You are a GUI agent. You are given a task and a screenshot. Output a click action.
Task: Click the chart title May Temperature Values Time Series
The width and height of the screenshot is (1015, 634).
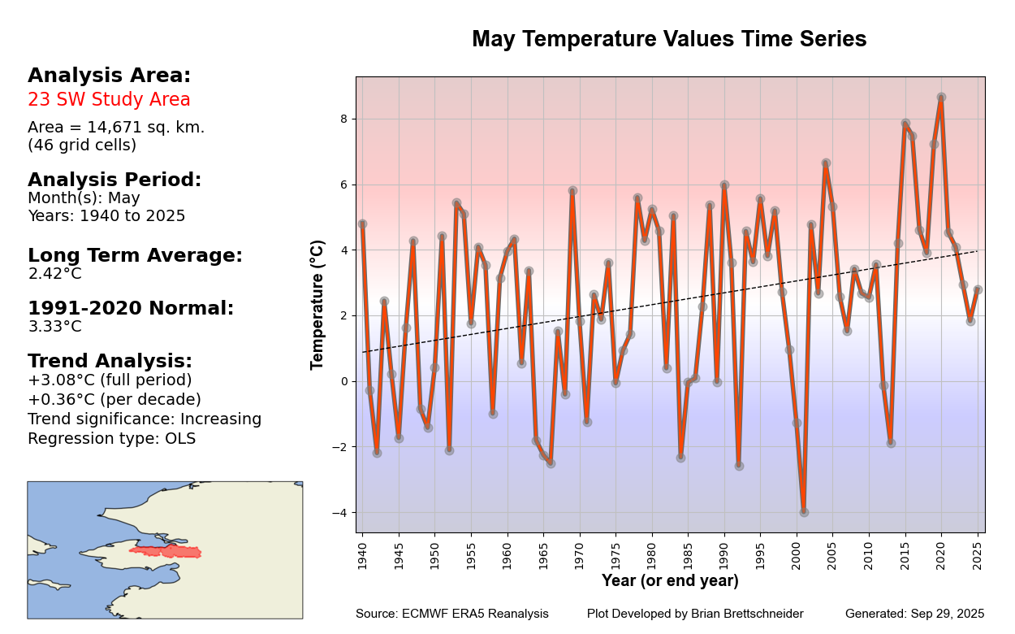click(669, 38)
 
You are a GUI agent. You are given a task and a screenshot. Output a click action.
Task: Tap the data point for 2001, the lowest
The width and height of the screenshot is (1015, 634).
click(804, 512)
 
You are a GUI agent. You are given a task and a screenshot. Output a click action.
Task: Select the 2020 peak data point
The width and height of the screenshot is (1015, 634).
click(941, 98)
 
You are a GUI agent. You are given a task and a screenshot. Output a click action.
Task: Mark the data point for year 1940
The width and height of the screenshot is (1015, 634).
click(362, 224)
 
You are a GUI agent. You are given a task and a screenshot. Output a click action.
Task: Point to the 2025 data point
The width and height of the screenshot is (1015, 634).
click(978, 290)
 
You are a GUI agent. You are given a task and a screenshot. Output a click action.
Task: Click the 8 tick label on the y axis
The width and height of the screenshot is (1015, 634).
click(344, 119)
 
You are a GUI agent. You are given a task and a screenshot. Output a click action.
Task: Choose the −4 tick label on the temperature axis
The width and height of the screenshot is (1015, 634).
click(340, 512)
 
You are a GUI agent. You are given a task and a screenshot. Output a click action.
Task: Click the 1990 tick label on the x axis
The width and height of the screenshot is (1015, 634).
click(724, 556)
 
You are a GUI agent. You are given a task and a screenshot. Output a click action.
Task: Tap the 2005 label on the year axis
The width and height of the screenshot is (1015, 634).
click(832, 556)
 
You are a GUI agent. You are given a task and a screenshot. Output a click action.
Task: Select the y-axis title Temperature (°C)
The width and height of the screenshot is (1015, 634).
click(317, 305)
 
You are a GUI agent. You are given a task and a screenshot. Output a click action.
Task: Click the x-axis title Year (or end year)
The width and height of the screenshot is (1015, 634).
click(670, 580)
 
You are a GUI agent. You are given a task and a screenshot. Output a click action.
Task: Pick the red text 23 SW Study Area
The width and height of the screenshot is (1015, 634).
click(109, 99)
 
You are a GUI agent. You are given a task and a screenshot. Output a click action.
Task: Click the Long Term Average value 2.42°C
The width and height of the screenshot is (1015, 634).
click(55, 274)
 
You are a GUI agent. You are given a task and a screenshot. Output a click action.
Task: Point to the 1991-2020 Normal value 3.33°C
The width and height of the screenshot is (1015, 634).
click(55, 327)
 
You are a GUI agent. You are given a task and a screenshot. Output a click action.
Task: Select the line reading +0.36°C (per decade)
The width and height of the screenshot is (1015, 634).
click(114, 400)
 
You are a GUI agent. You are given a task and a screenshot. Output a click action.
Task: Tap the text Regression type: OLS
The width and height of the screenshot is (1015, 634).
click(112, 439)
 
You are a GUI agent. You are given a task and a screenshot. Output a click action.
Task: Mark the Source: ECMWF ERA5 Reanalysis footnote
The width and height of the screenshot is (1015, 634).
click(451, 614)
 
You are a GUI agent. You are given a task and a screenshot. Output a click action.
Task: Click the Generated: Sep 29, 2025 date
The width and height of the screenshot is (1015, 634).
click(914, 614)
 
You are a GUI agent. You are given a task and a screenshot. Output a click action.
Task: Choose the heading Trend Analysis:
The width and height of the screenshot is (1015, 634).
click(110, 361)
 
